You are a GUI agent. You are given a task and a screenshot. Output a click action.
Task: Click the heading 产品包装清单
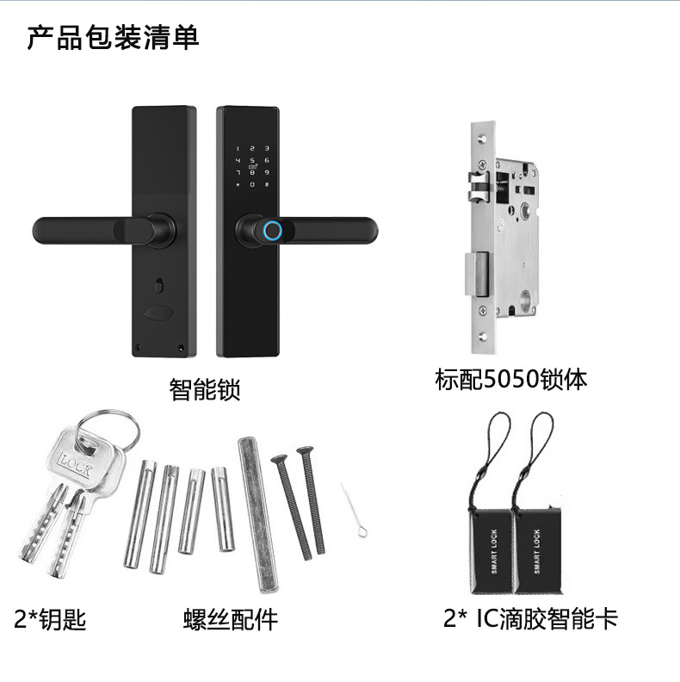[113, 39]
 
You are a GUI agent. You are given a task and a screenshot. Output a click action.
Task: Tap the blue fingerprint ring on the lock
[272, 230]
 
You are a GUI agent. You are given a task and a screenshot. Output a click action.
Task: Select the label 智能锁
[204, 390]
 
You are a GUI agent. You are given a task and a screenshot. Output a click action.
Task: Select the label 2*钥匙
[51, 618]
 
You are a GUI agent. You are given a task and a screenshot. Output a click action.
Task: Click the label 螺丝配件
[231, 618]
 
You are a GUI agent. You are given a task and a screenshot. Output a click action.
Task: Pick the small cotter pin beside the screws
[354, 511]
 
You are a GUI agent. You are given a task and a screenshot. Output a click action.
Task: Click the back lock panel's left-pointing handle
[95, 230]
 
